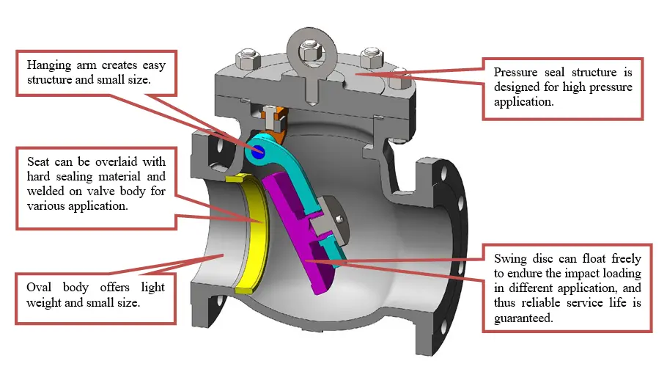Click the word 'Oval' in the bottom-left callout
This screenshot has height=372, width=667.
(39, 287)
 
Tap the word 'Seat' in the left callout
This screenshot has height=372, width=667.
(38, 161)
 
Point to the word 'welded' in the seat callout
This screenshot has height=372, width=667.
(43, 191)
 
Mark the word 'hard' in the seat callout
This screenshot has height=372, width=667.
(40, 176)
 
